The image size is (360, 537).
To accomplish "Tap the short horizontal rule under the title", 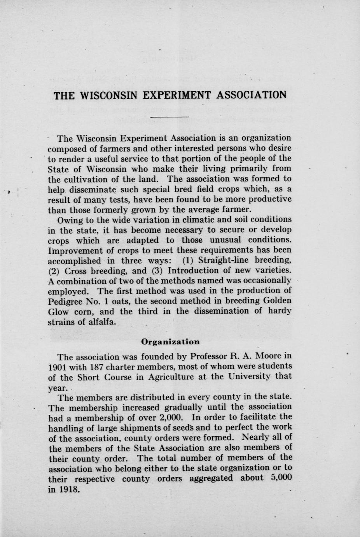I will click(x=170, y=116).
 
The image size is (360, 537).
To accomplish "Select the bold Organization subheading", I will click(x=170, y=342).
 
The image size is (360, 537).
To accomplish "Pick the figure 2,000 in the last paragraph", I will click(x=170, y=418).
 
